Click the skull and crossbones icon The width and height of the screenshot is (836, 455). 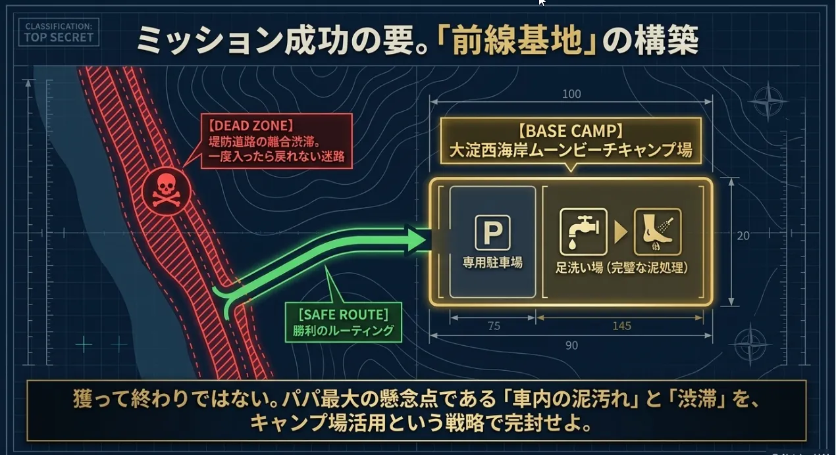(x=167, y=191)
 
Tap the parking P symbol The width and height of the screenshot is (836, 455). (x=492, y=233)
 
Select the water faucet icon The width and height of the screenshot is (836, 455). (x=583, y=231)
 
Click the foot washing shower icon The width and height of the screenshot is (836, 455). (x=658, y=231)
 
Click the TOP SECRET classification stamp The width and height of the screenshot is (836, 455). (x=59, y=32)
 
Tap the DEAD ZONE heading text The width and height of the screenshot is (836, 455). (x=251, y=126)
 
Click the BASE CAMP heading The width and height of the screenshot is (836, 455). (x=571, y=131)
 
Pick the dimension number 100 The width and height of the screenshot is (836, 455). (x=571, y=94)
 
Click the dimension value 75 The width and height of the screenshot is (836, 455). (x=494, y=326)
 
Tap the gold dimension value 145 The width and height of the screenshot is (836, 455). (x=622, y=326)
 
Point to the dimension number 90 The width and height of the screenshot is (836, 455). (x=571, y=345)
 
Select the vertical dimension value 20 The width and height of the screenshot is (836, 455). (x=743, y=235)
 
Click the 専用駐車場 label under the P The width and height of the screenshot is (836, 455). (x=492, y=263)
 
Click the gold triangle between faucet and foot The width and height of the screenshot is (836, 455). (x=620, y=232)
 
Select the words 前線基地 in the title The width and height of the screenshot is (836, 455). (x=517, y=41)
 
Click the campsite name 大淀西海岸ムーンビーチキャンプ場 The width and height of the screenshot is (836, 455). (x=571, y=150)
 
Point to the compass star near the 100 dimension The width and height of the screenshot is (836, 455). (x=768, y=101)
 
